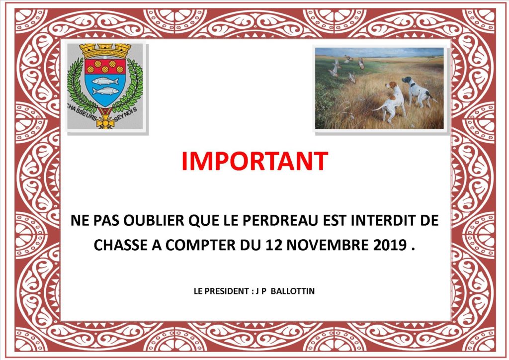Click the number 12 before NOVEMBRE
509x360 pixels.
pos(274,245)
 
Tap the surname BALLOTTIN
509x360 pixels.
pos(292,291)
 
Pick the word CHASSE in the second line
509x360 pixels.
pos(121,245)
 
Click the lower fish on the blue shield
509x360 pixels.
pos(105,90)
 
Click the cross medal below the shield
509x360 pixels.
pos(105,120)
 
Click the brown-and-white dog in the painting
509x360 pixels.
pos(392,100)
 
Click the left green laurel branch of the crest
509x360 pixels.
pos(79,85)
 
